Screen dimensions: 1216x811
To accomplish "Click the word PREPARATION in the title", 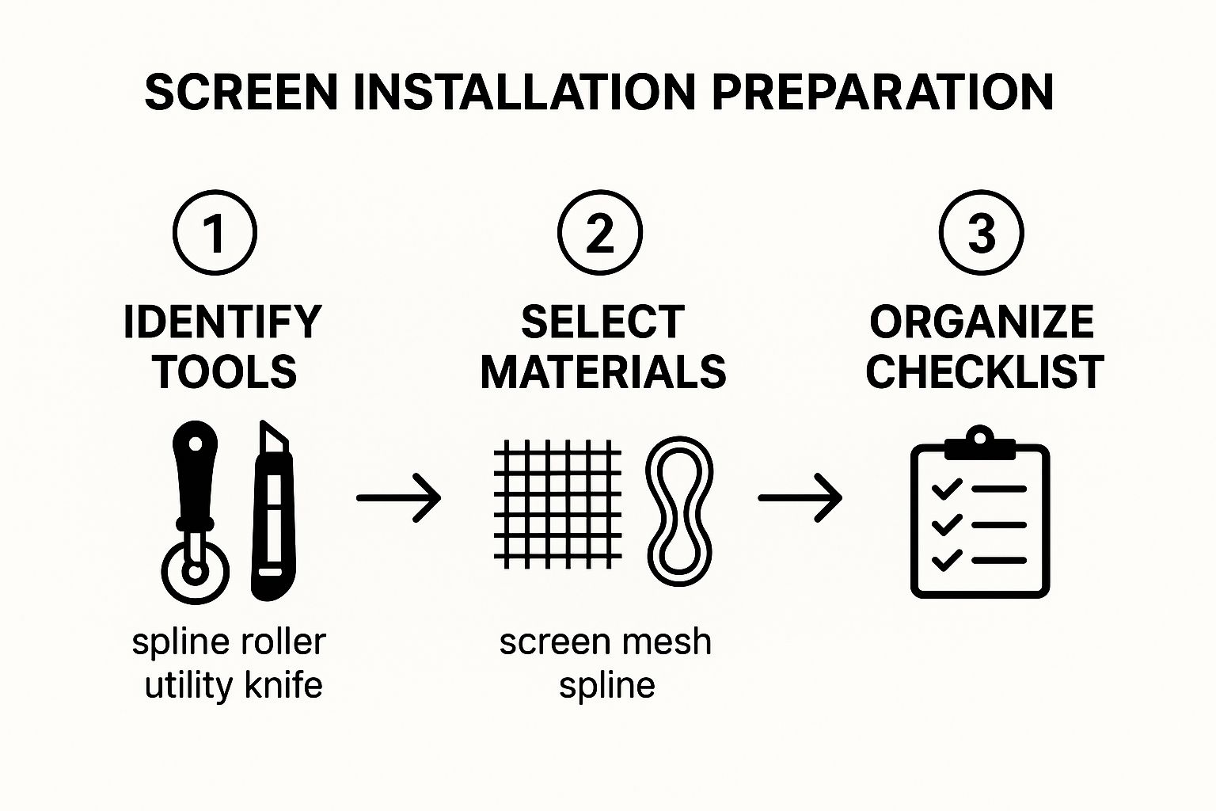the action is (x=882, y=93).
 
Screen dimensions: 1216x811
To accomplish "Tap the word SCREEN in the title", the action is (x=241, y=93).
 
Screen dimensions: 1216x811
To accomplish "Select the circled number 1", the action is (x=215, y=233).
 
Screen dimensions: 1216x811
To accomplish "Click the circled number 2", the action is (x=600, y=233).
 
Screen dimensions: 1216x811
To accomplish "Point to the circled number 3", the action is (x=982, y=233).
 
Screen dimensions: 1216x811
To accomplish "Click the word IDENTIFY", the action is (x=222, y=322).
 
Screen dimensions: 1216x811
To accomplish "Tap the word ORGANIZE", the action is (x=982, y=322).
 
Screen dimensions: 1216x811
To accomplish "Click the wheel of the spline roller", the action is (x=196, y=572).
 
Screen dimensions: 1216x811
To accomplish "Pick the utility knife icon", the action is (x=273, y=511).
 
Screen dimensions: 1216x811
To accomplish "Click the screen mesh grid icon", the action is (x=557, y=504).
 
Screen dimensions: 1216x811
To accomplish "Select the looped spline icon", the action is (x=679, y=511).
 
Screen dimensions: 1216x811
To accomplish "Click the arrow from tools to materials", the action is (x=398, y=497).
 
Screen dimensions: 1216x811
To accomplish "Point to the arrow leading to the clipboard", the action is (x=800, y=497).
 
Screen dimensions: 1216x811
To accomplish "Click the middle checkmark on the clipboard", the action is (x=947, y=525).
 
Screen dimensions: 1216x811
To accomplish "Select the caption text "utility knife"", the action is (x=234, y=686).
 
